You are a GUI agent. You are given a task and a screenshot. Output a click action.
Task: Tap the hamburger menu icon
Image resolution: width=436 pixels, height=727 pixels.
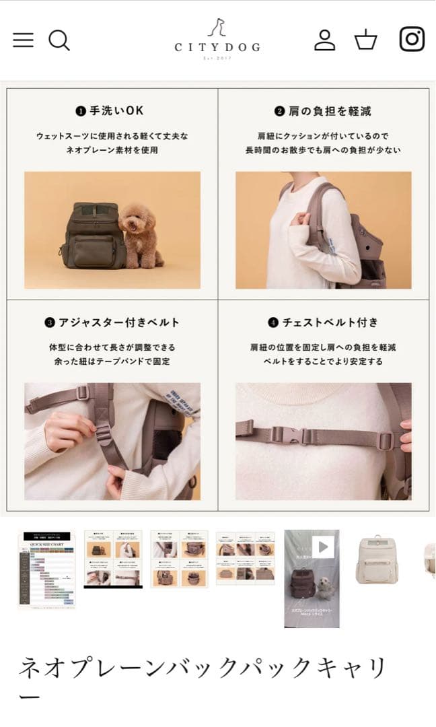point(23,40)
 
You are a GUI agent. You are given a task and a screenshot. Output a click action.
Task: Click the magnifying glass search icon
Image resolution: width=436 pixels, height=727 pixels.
point(59,40)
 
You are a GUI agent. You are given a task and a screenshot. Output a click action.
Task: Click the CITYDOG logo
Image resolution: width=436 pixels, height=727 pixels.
point(217,38)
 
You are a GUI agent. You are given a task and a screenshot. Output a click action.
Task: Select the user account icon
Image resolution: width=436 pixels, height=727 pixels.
point(324,40)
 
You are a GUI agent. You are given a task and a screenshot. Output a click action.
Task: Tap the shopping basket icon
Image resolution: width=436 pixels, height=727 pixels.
point(366,40)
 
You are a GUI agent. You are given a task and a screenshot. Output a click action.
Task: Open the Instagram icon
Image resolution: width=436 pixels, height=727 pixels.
point(412,39)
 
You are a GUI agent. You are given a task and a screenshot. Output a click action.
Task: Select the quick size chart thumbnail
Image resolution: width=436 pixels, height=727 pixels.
point(46,569)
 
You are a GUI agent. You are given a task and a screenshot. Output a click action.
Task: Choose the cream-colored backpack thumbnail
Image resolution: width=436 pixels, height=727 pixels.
point(377,559)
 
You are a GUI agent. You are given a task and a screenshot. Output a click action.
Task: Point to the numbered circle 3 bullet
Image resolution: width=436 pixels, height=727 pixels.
point(50,323)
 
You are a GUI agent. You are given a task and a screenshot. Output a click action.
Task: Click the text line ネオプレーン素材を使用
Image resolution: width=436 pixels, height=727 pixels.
point(112,150)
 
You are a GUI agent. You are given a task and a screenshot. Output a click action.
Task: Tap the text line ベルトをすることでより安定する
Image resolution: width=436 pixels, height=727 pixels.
point(323,361)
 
